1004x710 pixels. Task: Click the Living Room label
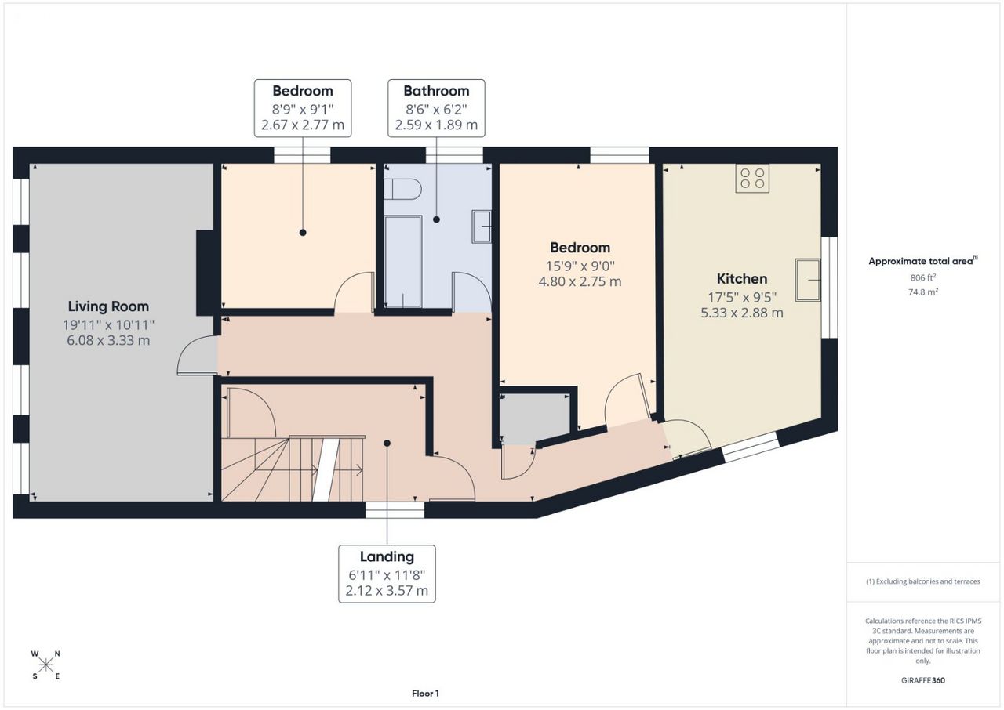(x=108, y=306)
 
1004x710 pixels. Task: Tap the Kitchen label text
(x=742, y=279)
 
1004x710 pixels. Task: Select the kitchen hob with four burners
(x=752, y=178)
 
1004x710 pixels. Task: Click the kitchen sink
(x=808, y=280)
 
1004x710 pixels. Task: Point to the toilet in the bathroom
(x=402, y=190)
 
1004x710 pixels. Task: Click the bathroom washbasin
(x=482, y=227)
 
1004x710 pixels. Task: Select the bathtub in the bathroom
(x=403, y=262)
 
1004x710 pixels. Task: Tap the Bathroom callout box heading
(x=436, y=91)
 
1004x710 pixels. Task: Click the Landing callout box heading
(x=387, y=556)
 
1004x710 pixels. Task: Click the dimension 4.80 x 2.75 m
(x=580, y=281)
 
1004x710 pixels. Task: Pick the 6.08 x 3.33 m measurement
(x=108, y=340)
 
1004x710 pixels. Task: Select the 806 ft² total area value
(x=923, y=277)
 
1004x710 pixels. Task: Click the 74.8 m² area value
(x=923, y=292)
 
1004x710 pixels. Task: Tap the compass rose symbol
(x=45, y=665)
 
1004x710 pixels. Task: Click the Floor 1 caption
(x=425, y=694)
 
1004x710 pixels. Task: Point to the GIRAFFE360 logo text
(x=923, y=680)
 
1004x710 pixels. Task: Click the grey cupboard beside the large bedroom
(x=535, y=419)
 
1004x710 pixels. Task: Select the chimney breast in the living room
(x=205, y=273)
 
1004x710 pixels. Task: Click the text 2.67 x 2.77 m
(x=303, y=125)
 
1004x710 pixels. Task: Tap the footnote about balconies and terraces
(x=923, y=581)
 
